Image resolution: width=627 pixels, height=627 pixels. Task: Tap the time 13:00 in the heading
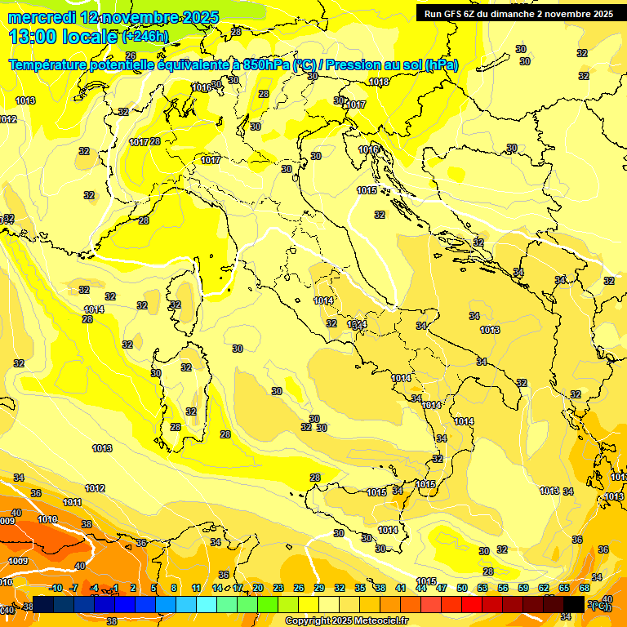[33, 37]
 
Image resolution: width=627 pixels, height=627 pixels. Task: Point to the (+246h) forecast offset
[145, 37]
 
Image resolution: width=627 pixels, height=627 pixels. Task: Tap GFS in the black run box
[453, 14]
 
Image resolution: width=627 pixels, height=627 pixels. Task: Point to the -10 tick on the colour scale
[56, 588]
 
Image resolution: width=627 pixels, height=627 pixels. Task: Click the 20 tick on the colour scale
[258, 588]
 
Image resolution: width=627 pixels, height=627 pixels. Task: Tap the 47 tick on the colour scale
[442, 588]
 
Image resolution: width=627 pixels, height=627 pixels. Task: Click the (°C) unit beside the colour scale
[600, 605]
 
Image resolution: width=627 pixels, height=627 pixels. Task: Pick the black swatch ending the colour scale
[574, 604]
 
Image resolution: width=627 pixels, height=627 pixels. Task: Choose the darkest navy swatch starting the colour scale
[43, 604]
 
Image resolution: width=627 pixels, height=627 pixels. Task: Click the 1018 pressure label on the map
[379, 82]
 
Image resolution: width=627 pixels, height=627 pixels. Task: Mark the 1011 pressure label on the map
[72, 502]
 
